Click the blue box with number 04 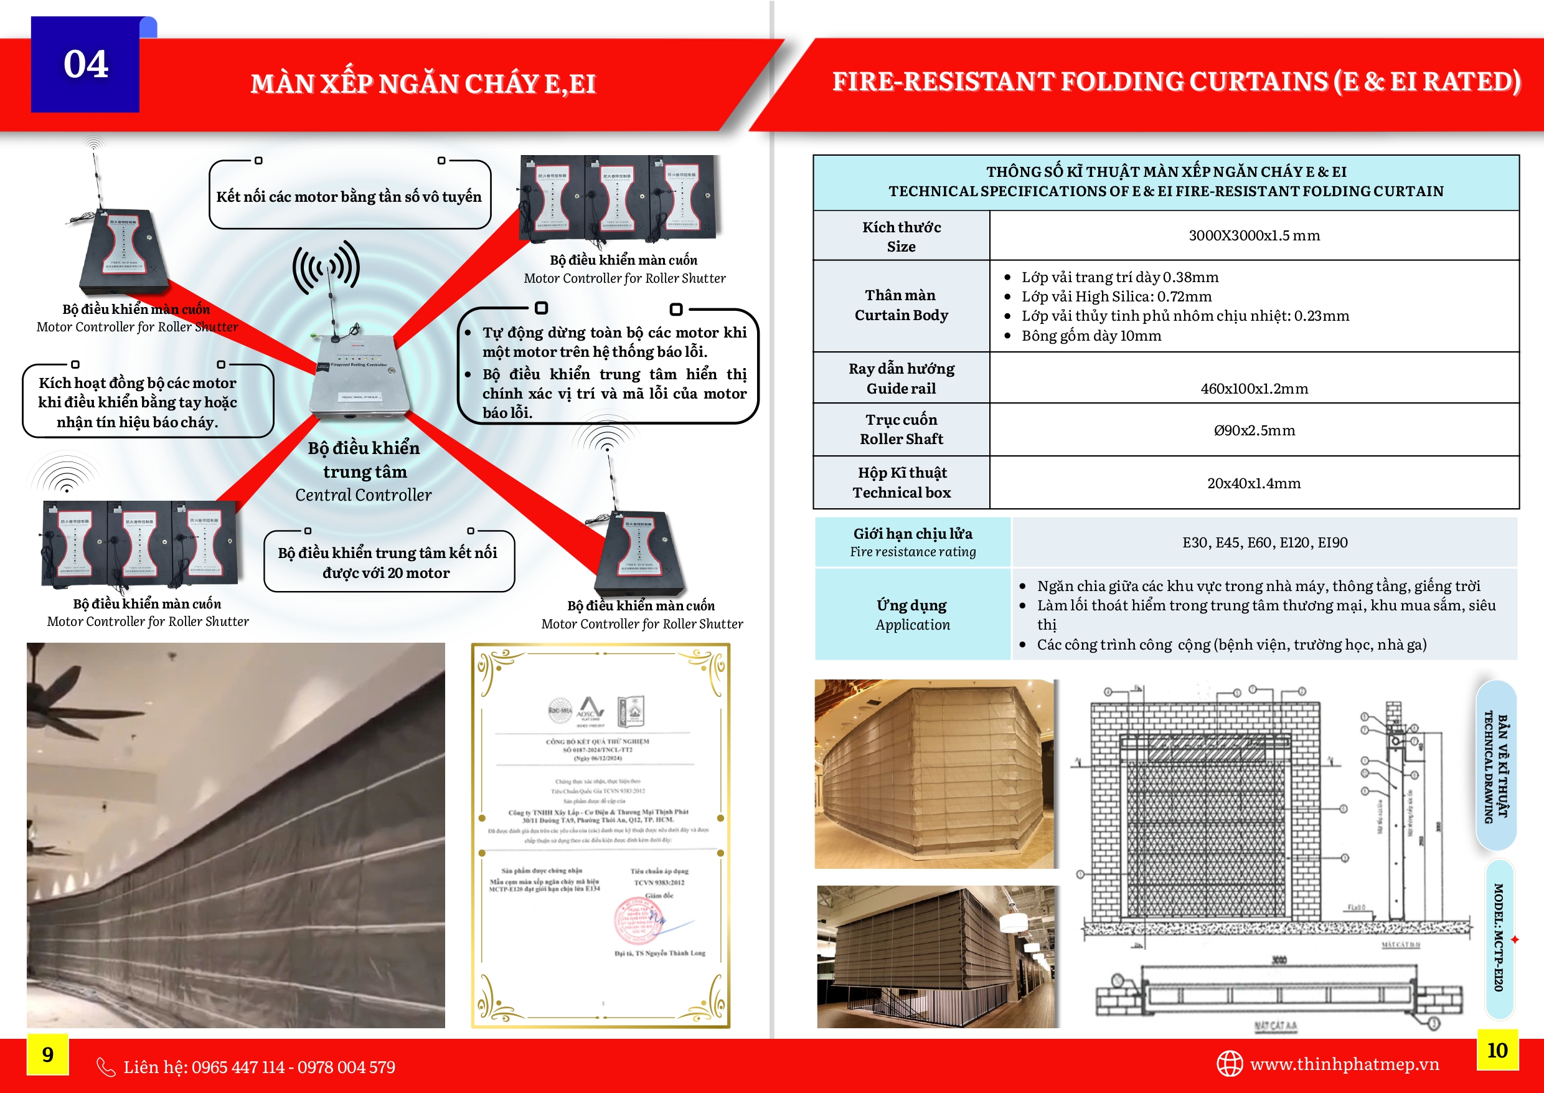click(85, 65)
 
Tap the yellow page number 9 click(48, 1054)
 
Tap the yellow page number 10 click(1497, 1050)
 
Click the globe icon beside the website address click(1229, 1064)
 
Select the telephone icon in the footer click(106, 1067)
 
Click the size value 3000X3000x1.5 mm click(1253, 235)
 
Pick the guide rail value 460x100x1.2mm click(1254, 389)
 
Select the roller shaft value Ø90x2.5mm click(1254, 430)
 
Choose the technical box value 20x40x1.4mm click(1253, 483)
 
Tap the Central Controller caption click(364, 495)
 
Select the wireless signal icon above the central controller click(326, 267)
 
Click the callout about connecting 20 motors click(388, 562)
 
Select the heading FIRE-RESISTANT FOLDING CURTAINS click(1176, 82)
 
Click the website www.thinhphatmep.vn click(1344, 1064)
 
